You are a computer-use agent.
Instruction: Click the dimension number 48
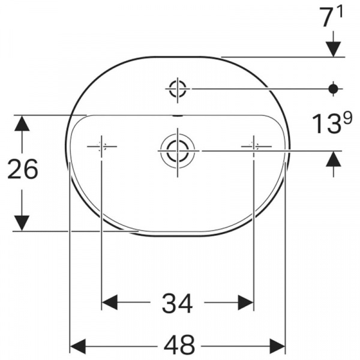[x=179, y=346]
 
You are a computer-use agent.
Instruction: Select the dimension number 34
[x=177, y=303]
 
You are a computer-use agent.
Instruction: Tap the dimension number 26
[x=23, y=169]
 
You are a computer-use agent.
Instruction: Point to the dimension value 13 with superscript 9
[x=331, y=123]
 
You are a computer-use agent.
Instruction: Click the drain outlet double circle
[x=178, y=151]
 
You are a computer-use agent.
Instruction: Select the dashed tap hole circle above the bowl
[x=178, y=88]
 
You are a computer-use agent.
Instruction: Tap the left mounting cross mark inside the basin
[x=101, y=146]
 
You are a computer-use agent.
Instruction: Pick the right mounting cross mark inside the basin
[x=254, y=146]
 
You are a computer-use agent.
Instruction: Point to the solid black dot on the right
[x=333, y=88]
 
